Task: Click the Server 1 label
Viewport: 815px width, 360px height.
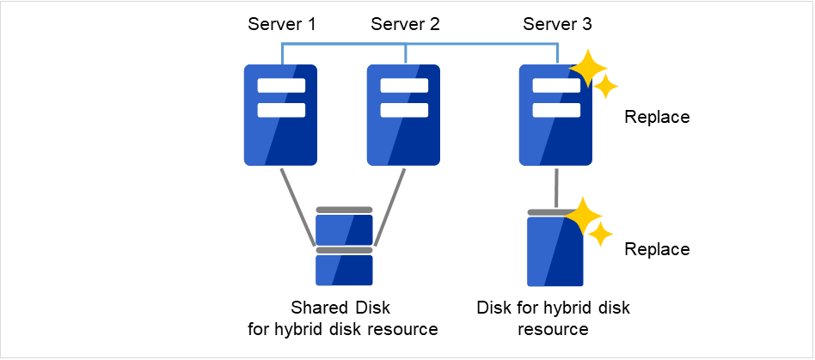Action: (281, 24)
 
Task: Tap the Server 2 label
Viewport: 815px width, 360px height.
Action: (405, 24)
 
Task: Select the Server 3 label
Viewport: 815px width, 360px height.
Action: (557, 24)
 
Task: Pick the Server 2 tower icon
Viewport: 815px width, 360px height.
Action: (405, 115)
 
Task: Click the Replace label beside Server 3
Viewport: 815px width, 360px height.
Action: (657, 117)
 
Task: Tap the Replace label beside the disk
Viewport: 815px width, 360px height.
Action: (657, 249)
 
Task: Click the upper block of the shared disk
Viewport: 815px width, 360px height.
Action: (344, 229)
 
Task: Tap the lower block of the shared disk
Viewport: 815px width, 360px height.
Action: (344, 270)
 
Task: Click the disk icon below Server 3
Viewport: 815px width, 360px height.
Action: (555, 251)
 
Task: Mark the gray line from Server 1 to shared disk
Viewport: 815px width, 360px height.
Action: (298, 206)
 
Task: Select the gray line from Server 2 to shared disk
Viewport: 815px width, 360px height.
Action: (389, 206)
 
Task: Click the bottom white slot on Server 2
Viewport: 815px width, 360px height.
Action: (405, 109)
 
